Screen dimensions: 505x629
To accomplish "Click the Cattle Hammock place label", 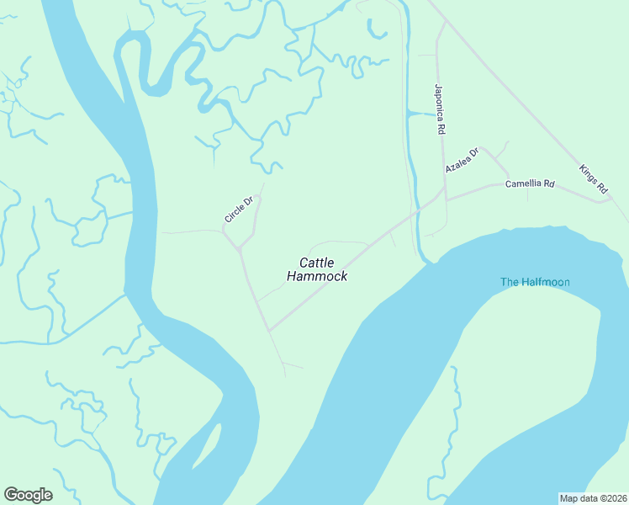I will coord(317,269).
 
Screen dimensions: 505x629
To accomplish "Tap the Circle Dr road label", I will coord(239,210).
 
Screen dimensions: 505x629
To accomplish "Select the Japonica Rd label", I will coord(439,109).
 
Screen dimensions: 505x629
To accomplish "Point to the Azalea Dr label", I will coord(462,160).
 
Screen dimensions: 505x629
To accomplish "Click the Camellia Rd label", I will coord(530,183).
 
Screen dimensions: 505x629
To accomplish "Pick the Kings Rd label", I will coord(593,179).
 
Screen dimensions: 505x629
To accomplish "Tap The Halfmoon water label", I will coord(535,282).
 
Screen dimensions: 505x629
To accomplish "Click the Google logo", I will coord(28,495).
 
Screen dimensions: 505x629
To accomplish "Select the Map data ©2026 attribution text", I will coord(593,497).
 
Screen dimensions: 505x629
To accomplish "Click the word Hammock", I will coord(317,276).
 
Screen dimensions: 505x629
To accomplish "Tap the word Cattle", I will coord(317,263).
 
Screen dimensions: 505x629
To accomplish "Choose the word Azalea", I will coord(457,163).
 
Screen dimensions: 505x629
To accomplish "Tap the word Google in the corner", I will coord(28,495).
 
